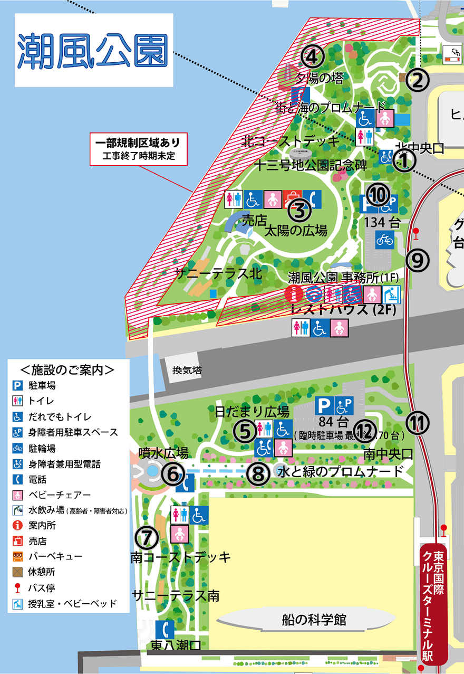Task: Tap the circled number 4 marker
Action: point(312,55)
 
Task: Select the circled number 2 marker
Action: point(418,80)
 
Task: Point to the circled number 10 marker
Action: point(378,195)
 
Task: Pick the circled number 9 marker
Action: point(418,259)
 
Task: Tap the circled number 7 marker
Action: point(147,538)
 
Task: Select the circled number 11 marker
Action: point(418,422)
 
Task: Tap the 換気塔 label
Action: point(187,371)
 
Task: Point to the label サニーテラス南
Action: point(176,596)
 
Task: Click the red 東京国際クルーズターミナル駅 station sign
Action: point(434,602)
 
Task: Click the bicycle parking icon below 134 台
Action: point(384,241)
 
